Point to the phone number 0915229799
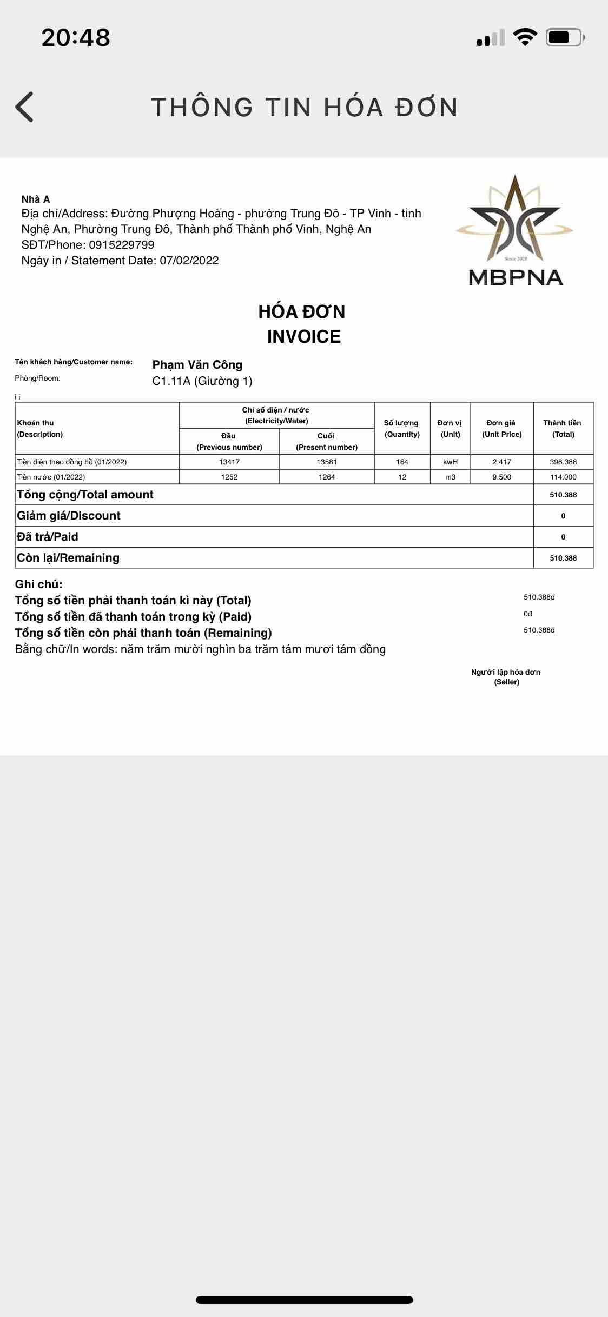point(122,245)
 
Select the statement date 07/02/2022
point(189,261)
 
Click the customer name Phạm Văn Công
point(197,365)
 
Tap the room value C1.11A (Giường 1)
point(202,381)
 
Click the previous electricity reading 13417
point(229,462)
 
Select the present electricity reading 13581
point(327,462)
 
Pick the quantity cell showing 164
point(402,462)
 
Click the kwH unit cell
point(450,462)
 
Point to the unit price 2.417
point(501,462)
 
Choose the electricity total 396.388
point(563,462)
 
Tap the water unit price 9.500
point(501,477)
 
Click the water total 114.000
point(563,477)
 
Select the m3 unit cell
point(450,477)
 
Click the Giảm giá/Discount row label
point(69,516)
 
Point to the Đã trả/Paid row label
point(48,537)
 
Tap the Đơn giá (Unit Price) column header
point(501,428)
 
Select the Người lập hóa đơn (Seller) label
point(506,677)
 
